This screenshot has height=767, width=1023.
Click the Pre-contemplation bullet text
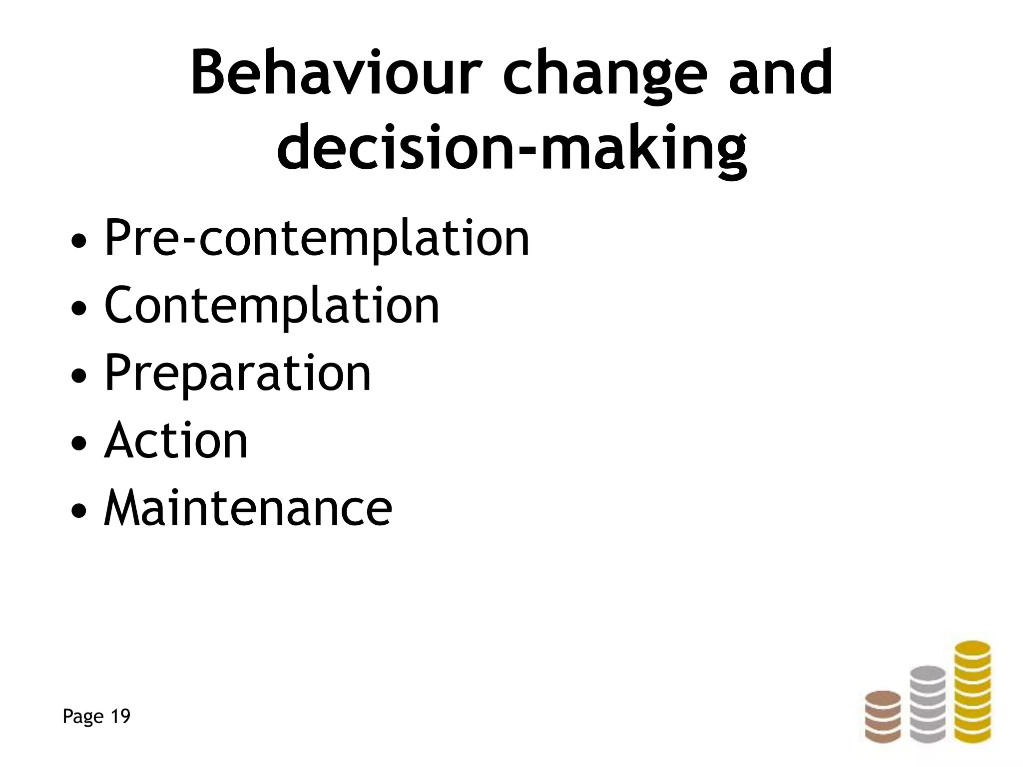click(317, 239)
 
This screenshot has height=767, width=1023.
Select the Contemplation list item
click(272, 306)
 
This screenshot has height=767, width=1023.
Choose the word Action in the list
click(176, 440)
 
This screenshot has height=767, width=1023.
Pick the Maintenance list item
click(248, 508)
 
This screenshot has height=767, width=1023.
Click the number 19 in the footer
click(120, 717)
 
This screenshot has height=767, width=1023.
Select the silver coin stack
click(928, 704)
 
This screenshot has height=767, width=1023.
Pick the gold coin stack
click(973, 692)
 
